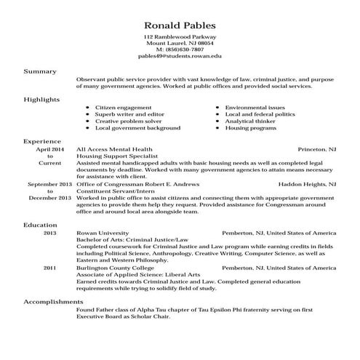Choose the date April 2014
point(50,148)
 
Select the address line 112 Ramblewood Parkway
point(180,36)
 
